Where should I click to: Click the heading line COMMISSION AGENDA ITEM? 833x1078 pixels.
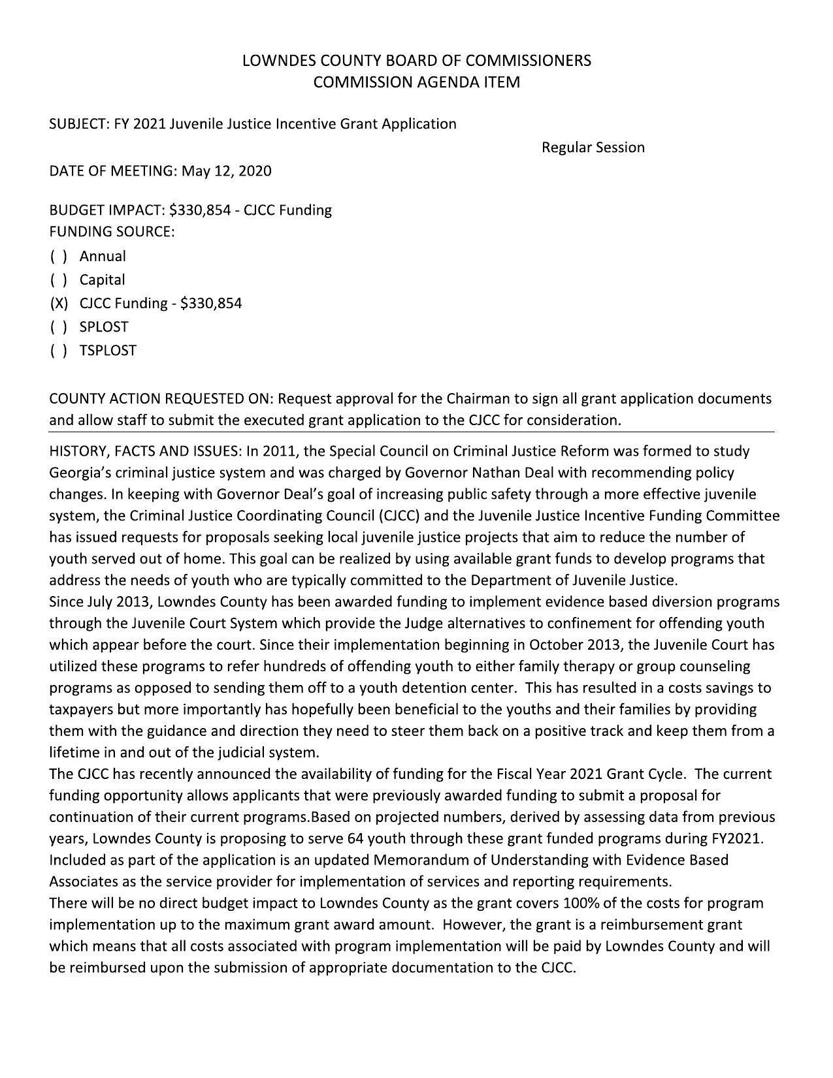click(x=416, y=82)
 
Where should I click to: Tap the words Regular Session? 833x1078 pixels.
click(x=593, y=148)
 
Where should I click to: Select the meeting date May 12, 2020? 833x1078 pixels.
click(x=226, y=171)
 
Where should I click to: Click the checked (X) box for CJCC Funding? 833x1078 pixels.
click(x=59, y=303)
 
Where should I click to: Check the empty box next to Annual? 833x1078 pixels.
click(x=59, y=256)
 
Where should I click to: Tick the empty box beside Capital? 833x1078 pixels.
click(x=59, y=279)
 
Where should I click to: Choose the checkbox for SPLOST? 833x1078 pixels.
click(x=59, y=326)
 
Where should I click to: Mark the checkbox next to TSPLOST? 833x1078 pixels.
click(x=59, y=350)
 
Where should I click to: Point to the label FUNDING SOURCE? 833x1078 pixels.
click(x=112, y=232)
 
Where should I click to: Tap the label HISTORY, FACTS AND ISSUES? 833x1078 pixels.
click(x=145, y=451)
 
